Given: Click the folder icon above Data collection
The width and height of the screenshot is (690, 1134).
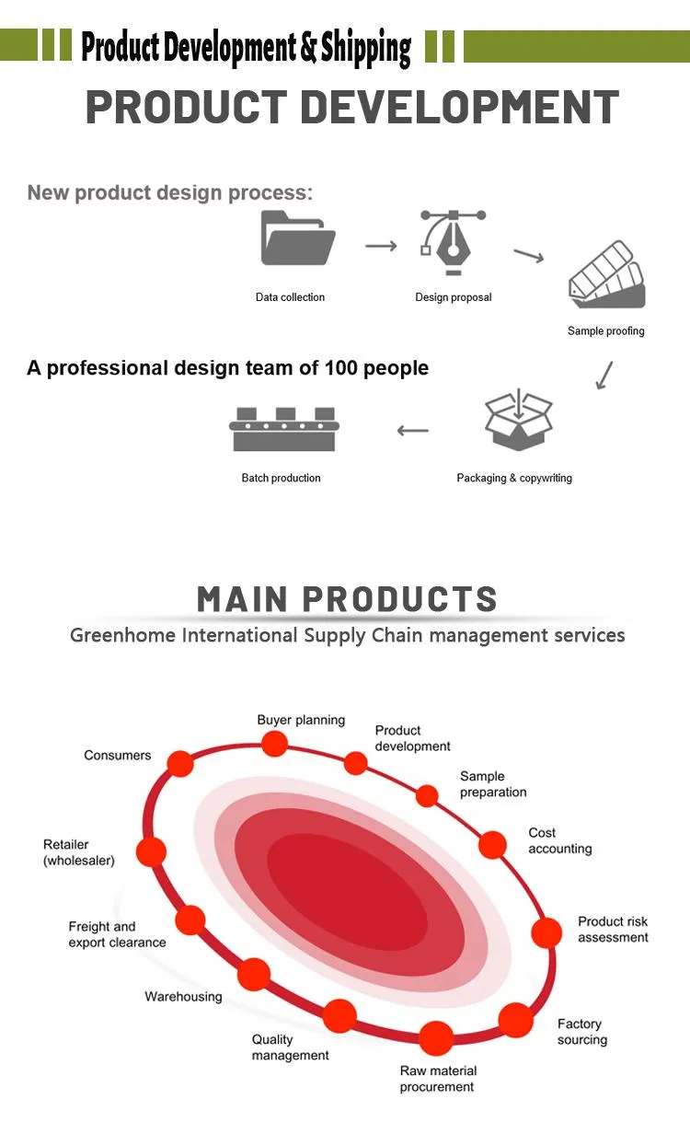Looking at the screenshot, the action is tap(298, 237).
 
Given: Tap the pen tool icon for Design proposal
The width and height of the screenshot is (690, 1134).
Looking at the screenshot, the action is tap(453, 242).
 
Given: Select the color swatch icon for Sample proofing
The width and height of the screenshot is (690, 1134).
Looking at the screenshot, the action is tap(607, 274).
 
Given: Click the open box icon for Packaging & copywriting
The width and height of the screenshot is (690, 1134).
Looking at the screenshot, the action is tap(519, 419).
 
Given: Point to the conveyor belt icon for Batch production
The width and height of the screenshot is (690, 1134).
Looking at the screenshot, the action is tap(284, 429).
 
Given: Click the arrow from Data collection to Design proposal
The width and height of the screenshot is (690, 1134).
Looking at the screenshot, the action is tap(381, 246).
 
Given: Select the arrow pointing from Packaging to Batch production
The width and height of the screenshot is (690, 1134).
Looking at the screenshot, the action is tap(413, 431).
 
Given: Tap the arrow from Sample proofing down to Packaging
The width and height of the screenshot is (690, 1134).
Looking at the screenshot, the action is tap(604, 376).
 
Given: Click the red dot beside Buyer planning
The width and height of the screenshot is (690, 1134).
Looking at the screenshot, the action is tap(275, 744).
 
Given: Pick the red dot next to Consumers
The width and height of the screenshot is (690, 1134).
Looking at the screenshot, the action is tap(180, 763).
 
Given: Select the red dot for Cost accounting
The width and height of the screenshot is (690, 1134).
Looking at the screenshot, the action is tap(493, 844).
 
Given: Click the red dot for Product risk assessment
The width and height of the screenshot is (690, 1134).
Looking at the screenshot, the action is tap(546, 932).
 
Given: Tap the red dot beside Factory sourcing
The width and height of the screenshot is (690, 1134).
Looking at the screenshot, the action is tap(516, 1020).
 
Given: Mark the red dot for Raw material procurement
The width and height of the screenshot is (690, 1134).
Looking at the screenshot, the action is tap(435, 1039).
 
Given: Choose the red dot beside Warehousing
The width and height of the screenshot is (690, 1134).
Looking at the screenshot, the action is tap(254, 974).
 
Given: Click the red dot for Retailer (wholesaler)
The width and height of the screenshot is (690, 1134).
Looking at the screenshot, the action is tap(151, 851).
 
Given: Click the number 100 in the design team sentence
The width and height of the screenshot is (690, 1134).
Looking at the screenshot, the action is tap(341, 368).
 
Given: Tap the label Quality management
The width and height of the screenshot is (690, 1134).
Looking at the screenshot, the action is tap(291, 1047).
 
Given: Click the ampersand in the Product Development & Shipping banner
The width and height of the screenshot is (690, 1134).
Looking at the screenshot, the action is tap(308, 47).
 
